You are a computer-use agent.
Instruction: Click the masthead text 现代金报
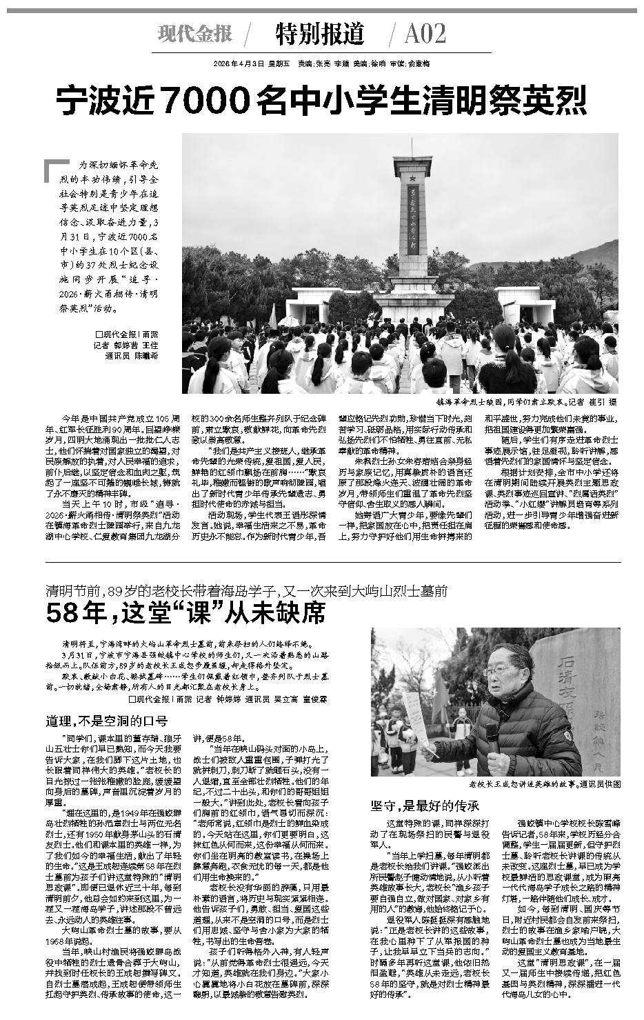coord(194,33)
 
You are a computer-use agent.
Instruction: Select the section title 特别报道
coord(319,33)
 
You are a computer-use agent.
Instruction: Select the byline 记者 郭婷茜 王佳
coord(125,345)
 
